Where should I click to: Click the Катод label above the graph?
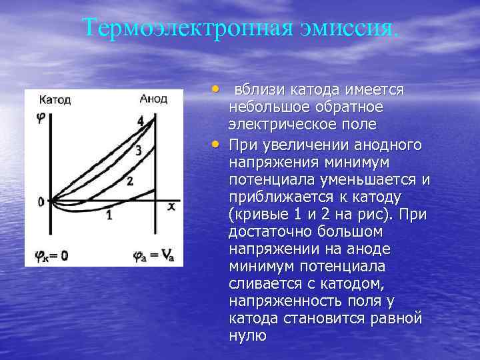(x=54, y=100)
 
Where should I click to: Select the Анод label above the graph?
(x=154, y=98)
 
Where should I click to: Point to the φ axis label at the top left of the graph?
(x=41, y=117)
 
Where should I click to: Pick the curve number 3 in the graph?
(x=138, y=151)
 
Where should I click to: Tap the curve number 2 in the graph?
(x=130, y=181)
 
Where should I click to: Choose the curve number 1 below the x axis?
(x=108, y=215)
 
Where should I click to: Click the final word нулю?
(x=247, y=335)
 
